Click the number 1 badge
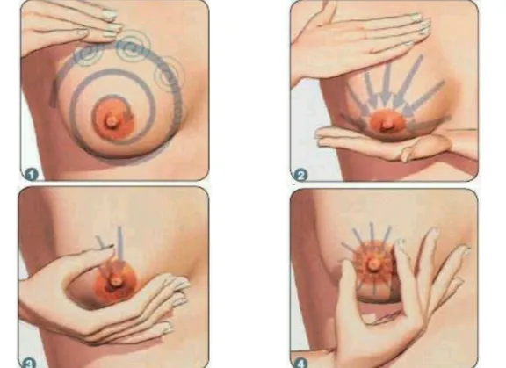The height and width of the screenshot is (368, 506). coord(32,175)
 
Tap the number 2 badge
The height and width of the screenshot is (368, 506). coord(300,176)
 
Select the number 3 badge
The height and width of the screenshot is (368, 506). coord(28,363)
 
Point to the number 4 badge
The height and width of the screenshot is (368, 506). coord(300,364)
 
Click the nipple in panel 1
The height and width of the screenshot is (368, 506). coord(112,121)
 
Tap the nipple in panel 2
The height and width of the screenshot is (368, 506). coord(387,125)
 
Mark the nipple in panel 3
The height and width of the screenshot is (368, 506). coord(114,281)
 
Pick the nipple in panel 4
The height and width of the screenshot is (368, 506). coord(373,263)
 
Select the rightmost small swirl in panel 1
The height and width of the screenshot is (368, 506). coord(169,75)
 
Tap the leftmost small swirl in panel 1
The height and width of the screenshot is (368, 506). coord(87,54)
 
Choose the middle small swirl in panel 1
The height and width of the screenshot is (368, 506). coord(132,47)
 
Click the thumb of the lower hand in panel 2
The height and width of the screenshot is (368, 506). coord(426,148)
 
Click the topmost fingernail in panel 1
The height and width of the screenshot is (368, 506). coord(109,15)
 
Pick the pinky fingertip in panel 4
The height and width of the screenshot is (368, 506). coord(466,249)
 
